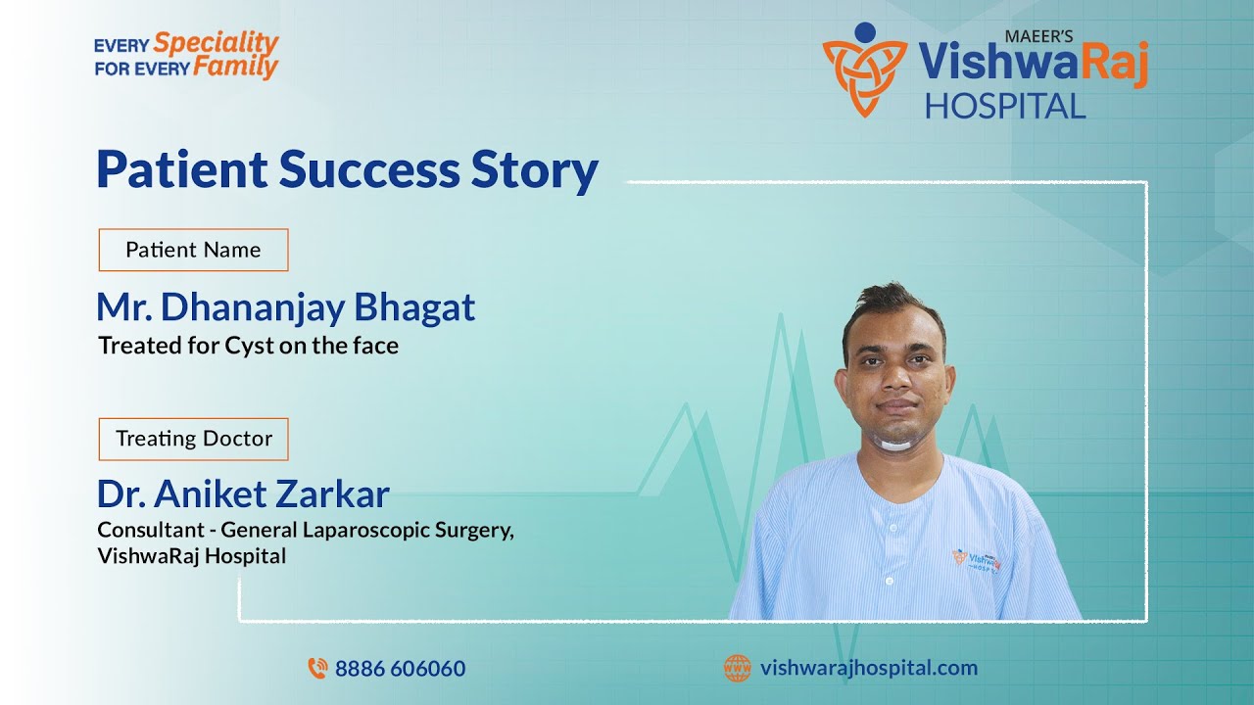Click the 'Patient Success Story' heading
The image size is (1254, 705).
tap(347, 169)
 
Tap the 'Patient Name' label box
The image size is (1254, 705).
tap(193, 250)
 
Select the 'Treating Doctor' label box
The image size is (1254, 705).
tap(193, 439)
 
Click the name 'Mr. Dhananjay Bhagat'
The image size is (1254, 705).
tap(285, 307)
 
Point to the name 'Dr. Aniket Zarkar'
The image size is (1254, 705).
tap(243, 493)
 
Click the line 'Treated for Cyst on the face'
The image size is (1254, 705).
tap(248, 346)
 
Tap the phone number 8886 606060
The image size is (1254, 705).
tap(400, 669)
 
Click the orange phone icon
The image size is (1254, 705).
tap(317, 669)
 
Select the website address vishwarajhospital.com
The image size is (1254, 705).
tap(868, 668)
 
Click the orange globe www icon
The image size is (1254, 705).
tap(737, 669)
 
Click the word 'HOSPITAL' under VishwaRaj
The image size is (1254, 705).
tap(1004, 106)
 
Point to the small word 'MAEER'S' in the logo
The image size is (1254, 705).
tap(1038, 36)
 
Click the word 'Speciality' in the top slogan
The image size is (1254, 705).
tap(217, 43)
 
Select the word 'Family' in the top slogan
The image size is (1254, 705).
tap(235, 68)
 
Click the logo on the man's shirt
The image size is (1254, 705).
tap(974, 560)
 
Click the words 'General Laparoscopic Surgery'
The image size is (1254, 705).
tap(366, 531)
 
